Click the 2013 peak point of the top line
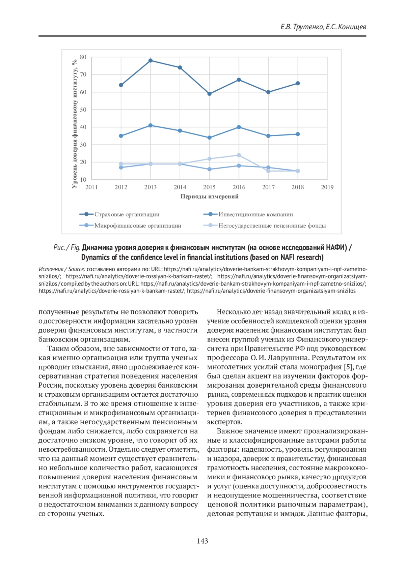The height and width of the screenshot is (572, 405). pyautogui.click(x=151, y=61)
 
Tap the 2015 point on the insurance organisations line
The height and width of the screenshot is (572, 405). pyautogui.click(x=209, y=94)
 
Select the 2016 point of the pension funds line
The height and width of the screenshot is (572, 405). pyautogui.click(x=239, y=155)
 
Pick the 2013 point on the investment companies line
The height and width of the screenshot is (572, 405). pyautogui.click(x=151, y=125)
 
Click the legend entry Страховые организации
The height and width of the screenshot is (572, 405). pyautogui.click(x=127, y=214)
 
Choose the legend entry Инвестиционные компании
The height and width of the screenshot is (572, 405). pyautogui.click(x=255, y=214)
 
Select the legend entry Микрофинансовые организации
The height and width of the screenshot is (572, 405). pyautogui.click(x=137, y=225)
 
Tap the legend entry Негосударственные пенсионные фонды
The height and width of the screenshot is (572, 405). pyautogui.click(x=272, y=225)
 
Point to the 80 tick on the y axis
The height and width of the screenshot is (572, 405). pyautogui.click(x=83, y=57)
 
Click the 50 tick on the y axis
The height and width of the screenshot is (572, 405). pyautogui.click(x=83, y=110)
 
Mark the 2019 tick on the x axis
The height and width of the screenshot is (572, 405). pyautogui.click(x=327, y=187)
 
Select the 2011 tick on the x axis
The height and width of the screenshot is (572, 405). pyautogui.click(x=91, y=187)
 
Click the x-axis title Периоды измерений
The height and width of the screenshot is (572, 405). pyautogui.click(x=209, y=197)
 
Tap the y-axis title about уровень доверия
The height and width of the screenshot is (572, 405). pyautogui.click(x=75, y=124)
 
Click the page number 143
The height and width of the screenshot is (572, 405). pyautogui.click(x=202, y=541)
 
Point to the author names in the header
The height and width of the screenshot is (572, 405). pyautogui.click(x=323, y=27)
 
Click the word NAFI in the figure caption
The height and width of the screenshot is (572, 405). pyautogui.click(x=288, y=258)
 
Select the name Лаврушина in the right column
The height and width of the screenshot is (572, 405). pyautogui.click(x=289, y=358)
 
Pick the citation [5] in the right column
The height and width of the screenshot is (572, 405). pyautogui.click(x=348, y=367)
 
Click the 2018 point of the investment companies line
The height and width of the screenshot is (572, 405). pyautogui.click(x=298, y=134)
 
